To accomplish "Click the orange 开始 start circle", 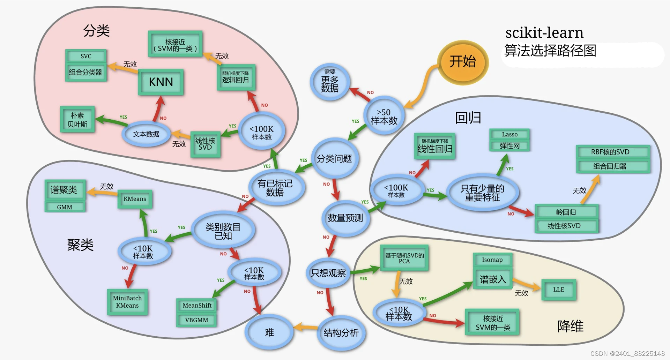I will (x=463, y=62).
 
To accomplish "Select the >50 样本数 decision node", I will (x=384, y=116).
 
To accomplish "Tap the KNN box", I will (x=161, y=82).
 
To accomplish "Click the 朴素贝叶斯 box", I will (x=77, y=120).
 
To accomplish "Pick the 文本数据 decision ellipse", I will (x=146, y=134).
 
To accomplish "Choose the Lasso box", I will (x=510, y=134).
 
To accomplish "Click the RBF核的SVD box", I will (x=613, y=152).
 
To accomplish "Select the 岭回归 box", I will (x=567, y=212).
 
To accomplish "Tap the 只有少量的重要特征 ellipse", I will (x=482, y=193).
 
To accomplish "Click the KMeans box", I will (x=135, y=199).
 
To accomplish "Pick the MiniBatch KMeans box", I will (x=127, y=302).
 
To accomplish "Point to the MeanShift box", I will (x=197, y=306).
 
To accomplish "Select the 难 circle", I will (x=269, y=332).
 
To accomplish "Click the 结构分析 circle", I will (x=341, y=333).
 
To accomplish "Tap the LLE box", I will (x=558, y=290).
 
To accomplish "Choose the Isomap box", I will (x=492, y=260).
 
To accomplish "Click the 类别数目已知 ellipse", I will (x=223, y=231).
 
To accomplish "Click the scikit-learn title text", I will (x=544, y=33).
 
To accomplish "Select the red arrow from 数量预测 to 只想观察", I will (x=331, y=246).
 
